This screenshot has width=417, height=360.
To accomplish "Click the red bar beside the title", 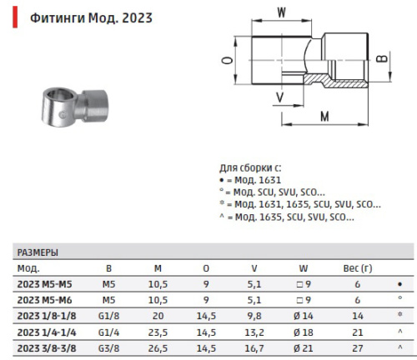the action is (x=15, y=17).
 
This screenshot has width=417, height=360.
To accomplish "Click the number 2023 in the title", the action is (x=137, y=18).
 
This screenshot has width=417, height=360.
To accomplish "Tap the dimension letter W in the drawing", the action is (x=281, y=12).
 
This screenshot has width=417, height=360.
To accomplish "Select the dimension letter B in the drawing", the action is (x=382, y=58).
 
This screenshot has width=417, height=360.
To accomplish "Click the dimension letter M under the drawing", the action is (x=324, y=117).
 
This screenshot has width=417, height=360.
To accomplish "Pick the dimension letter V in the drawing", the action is (x=280, y=97).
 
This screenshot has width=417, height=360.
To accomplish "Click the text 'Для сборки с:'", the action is (x=250, y=168).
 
